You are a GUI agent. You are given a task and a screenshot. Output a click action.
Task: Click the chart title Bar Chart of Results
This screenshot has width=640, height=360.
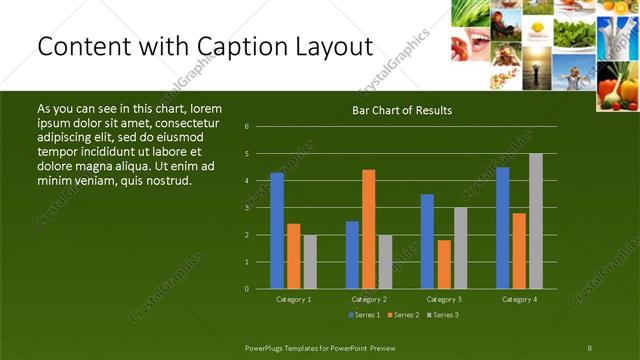click(401, 110)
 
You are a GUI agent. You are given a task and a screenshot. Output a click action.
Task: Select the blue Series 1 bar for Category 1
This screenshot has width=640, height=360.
click(277, 231)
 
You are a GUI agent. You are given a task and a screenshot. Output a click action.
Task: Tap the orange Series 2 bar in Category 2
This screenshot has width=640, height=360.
click(369, 229)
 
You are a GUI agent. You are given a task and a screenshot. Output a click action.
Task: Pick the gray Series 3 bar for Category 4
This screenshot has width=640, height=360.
click(536, 221)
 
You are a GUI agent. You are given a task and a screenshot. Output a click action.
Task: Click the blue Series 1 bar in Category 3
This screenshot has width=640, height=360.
click(427, 241)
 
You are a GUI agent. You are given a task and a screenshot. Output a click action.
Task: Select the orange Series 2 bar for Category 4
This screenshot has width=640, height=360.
click(519, 250)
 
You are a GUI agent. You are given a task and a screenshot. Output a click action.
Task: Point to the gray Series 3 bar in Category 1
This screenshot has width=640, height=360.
click(310, 261)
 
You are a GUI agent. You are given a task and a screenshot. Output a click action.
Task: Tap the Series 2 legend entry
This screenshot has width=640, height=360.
click(402, 315)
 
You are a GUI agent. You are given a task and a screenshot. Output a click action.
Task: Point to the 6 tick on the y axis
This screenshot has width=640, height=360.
click(247, 127)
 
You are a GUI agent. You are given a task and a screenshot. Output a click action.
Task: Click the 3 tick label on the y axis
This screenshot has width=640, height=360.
click(247, 208)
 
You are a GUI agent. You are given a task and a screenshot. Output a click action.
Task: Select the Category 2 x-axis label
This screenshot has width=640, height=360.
click(368, 299)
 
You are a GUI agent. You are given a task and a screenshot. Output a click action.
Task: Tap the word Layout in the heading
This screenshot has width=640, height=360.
click(335, 47)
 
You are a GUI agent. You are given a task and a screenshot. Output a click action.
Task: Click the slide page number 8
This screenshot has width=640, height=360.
click(590, 347)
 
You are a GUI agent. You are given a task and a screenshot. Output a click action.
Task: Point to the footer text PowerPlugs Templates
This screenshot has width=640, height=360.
click(289, 347)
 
